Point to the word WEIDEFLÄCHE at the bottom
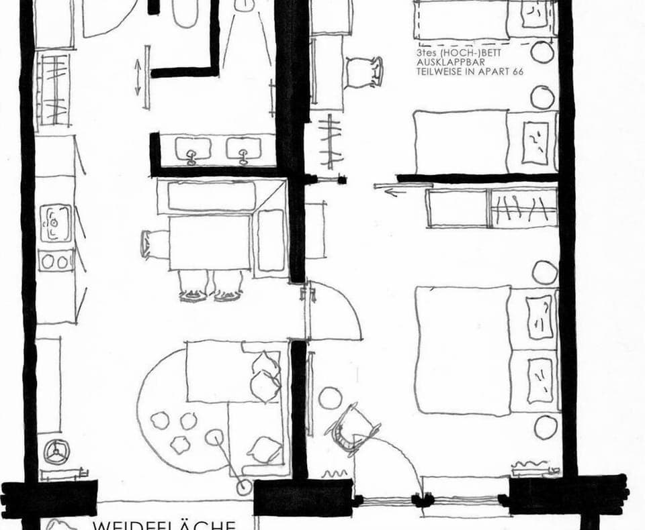click(164, 524)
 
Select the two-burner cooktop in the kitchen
click(56, 260)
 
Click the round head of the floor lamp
click(214, 438)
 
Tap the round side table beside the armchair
click(330, 398)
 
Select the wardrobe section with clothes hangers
click(523, 208)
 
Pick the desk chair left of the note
click(363, 70)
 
